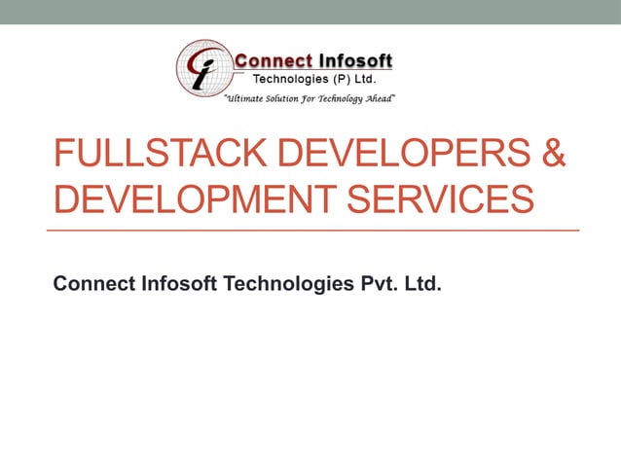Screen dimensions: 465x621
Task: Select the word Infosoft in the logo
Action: point(355,61)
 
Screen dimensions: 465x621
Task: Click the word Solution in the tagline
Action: point(291,99)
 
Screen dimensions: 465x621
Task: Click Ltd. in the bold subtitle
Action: point(424,284)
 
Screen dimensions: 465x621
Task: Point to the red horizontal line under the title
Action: point(312,230)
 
